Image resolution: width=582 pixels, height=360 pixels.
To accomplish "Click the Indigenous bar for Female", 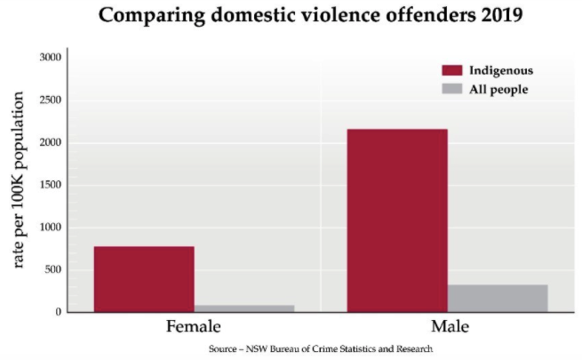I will [143, 279].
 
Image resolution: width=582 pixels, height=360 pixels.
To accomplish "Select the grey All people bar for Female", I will [243, 308].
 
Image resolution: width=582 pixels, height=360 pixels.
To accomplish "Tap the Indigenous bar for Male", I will [396, 220].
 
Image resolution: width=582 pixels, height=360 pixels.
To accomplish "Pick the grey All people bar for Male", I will [497, 298].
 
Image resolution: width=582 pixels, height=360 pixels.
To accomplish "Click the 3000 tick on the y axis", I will [51, 58].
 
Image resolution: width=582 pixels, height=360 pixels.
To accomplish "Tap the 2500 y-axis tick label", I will [51, 100].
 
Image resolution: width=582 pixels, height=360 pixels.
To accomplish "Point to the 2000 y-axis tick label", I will [51, 143].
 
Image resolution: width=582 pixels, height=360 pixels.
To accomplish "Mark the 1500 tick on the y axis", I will [51, 185].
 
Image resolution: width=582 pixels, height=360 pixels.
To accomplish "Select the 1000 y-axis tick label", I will [51, 228].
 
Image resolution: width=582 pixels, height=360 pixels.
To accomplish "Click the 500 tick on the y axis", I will [53, 270].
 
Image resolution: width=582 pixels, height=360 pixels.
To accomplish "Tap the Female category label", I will [194, 327].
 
